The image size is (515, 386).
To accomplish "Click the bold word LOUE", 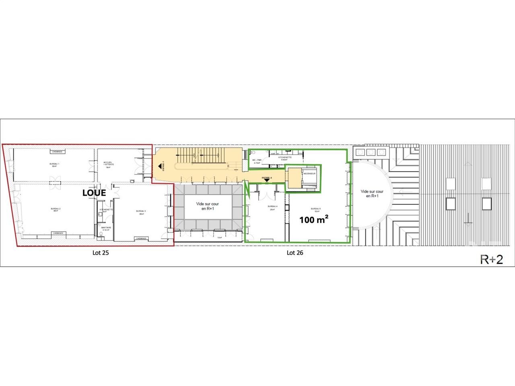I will pyautogui.click(x=94, y=193).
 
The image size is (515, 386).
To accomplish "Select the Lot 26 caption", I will pyautogui.click(x=295, y=253).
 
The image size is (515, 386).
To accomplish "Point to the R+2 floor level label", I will pyautogui.click(x=492, y=259).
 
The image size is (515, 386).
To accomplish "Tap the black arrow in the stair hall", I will pyautogui.click(x=160, y=165).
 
